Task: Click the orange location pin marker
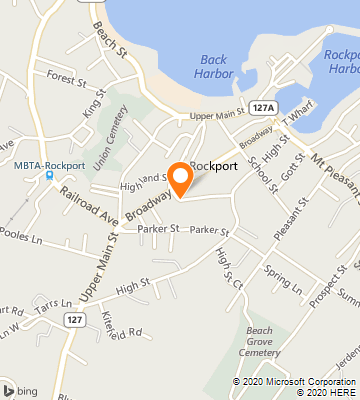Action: [181, 177]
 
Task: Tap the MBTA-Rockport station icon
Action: [48, 177]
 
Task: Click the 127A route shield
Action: [263, 107]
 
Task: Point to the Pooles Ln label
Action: [24, 240]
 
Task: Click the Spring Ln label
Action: [283, 279]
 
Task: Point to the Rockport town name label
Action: [213, 167]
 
